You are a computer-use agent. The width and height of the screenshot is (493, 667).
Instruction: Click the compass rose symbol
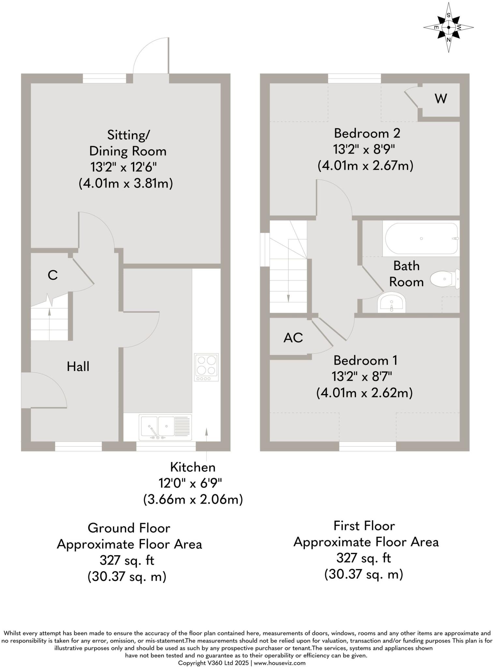pyautogui.click(x=449, y=27)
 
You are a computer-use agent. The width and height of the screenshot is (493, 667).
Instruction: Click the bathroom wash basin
pyautogui.click(x=391, y=303)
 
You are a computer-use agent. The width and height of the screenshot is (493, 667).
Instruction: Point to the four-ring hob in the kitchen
pyautogui.click(x=206, y=367)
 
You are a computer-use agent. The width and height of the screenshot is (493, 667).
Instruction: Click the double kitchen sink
pyautogui.click(x=165, y=427)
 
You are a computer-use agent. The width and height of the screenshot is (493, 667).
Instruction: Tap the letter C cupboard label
pyautogui.click(x=52, y=275)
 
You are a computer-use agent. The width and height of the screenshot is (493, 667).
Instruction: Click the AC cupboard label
pyautogui.click(x=293, y=338)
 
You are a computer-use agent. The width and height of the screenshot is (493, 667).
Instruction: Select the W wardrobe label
pyautogui.click(x=441, y=98)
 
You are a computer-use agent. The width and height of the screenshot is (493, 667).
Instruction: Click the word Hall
pyautogui.click(x=78, y=367)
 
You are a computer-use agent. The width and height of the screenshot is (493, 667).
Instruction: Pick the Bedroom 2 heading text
pyautogui.click(x=367, y=133)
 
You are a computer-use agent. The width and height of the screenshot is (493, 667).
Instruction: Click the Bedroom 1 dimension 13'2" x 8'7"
pyautogui.click(x=362, y=377)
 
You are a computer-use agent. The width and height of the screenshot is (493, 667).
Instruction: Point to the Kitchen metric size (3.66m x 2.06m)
pyautogui.click(x=193, y=499)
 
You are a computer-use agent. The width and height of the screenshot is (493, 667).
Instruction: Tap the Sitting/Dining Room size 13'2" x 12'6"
pyautogui.click(x=123, y=167)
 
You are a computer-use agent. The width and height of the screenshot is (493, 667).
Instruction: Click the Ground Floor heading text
pyautogui.click(x=129, y=528)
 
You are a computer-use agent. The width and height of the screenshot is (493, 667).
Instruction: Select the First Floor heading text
pyautogui.click(x=364, y=526)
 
